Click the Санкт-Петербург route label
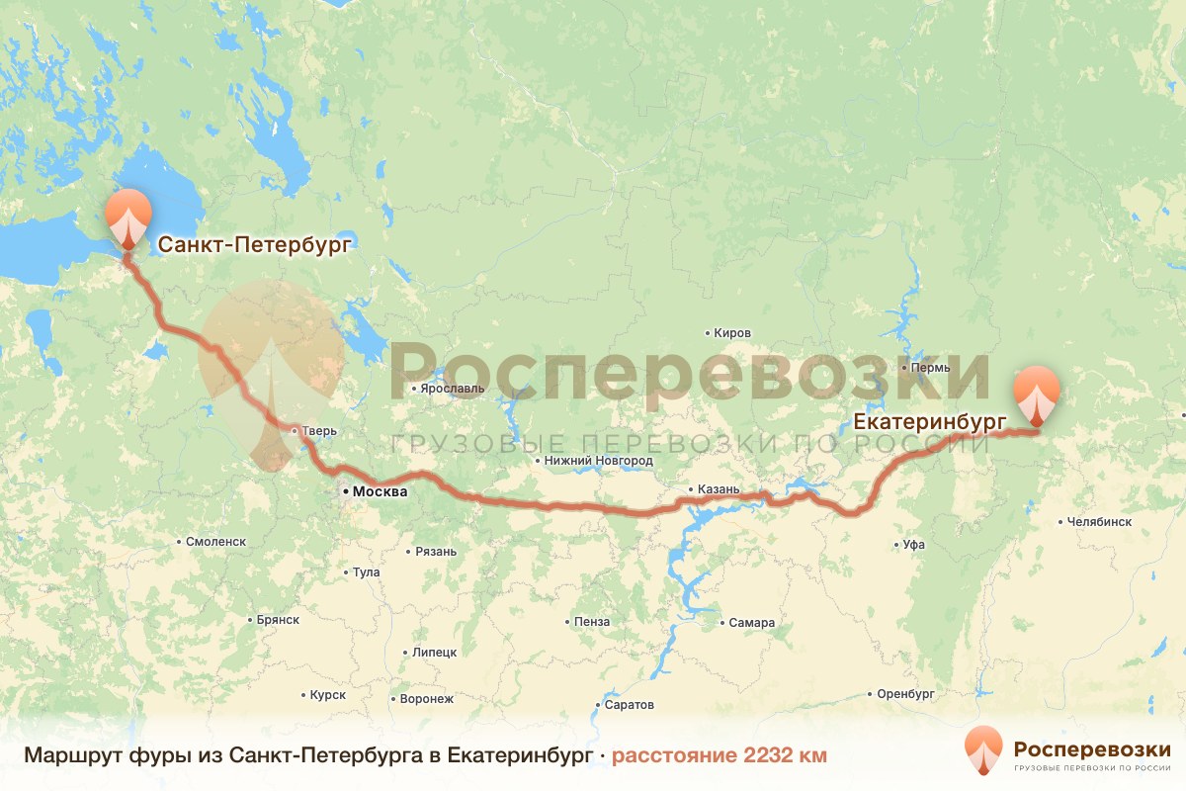(x=254, y=244)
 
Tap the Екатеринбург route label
(x=930, y=422)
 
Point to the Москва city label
(x=379, y=491)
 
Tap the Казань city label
(x=718, y=489)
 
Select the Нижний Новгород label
(x=600, y=461)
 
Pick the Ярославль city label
(x=453, y=389)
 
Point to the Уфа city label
(x=913, y=545)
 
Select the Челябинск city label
(x=1099, y=521)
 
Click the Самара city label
(x=751, y=623)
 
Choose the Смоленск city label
(x=215, y=542)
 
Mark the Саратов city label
(x=630, y=705)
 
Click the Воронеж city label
(x=426, y=699)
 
